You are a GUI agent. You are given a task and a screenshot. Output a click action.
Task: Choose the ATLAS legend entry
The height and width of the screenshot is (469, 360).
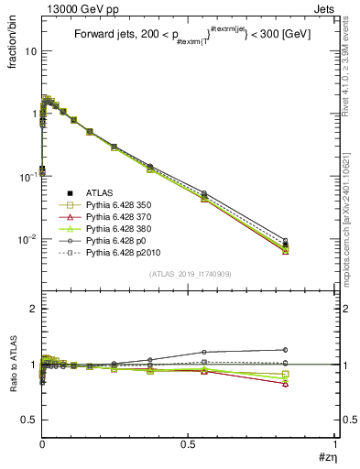94,193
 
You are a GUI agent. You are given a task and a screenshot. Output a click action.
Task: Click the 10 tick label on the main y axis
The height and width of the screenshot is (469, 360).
30,51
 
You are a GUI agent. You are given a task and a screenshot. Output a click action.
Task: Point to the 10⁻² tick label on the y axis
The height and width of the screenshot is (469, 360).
27,239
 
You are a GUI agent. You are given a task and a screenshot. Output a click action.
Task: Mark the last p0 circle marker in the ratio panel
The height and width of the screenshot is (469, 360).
285,349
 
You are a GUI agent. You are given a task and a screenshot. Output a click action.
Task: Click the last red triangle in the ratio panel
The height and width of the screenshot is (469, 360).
285,384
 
